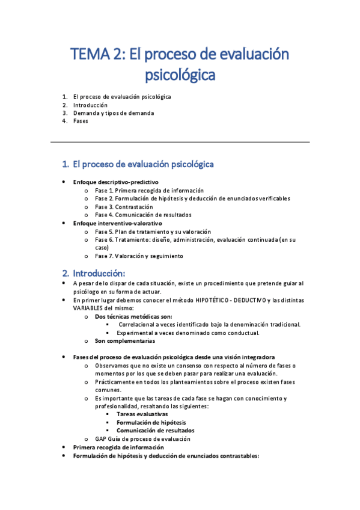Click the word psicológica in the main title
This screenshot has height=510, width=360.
(180, 76)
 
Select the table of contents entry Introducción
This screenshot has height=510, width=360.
(90, 105)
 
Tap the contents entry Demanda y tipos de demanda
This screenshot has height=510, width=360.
(114, 112)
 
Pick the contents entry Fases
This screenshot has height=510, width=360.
(81, 121)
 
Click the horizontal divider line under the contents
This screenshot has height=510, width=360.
(180, 142)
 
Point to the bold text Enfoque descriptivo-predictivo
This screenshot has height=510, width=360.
(115, 182)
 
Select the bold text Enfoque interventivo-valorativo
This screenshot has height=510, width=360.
(117, 223)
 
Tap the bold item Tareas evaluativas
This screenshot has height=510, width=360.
(142, 414)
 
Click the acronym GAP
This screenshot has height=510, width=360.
(101, 438)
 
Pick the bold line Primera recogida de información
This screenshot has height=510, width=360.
(118, 447)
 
